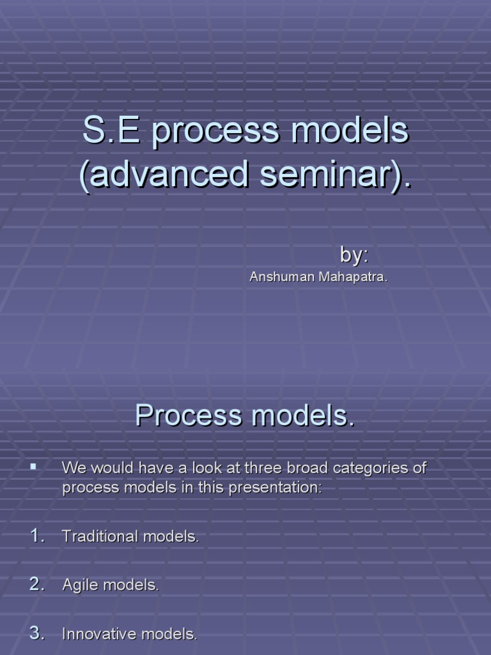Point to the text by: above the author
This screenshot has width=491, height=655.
pyautogui.click(x=354, y=255)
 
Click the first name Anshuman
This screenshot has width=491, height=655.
pyautogui.click(x=282, y=276)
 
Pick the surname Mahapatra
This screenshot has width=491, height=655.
pyautogui.click(x=353, y=277)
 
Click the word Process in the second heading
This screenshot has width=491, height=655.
pyautogui.click(x=189, y=415)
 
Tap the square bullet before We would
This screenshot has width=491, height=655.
pyautogui.click(x=33, y=467)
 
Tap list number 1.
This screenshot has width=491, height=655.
pyautogui.click(x=37, y=535)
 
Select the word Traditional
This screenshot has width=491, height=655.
pyautogui.click(x=100, y=536)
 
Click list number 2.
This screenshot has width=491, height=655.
pyautogui.click(x=37, y=584)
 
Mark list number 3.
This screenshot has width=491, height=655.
pyautogui.click(x=37, y=633)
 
